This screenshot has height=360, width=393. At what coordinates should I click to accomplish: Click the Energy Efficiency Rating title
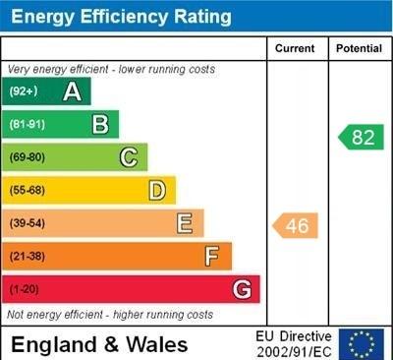[x=120, y=17]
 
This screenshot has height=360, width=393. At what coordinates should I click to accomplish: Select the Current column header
[x=295, y=48]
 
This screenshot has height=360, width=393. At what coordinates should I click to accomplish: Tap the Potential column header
[x=359, y=48]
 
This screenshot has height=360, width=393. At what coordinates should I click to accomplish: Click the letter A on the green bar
[x=72, y=91]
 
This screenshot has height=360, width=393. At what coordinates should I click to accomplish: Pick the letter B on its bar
[x=100, y=124]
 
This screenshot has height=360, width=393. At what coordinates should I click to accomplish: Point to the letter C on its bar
[x=129, y=157]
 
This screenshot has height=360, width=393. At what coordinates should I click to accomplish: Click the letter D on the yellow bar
[x=157, y=190]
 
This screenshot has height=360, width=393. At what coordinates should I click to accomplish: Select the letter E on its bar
[x=185, y=223]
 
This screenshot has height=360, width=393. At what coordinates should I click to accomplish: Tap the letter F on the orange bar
[x=212, y=257]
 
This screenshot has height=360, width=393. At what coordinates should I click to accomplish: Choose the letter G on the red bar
[x=242, y=290]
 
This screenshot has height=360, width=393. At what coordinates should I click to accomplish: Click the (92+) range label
[x=24, y=91]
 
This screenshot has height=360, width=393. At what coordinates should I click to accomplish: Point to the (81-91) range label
[x=27, y=125]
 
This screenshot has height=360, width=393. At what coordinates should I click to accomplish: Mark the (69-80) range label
[x=27, y=157]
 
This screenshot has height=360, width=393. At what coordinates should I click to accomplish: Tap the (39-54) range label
[x=27, y=224]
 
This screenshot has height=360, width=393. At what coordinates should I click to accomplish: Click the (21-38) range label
[x=27, y=257]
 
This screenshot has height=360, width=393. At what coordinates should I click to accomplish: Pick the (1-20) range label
[x=24, y=290]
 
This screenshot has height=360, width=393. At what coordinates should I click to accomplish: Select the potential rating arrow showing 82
[x=361, y=137]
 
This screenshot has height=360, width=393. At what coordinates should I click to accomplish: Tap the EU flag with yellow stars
[x=361, y=343]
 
